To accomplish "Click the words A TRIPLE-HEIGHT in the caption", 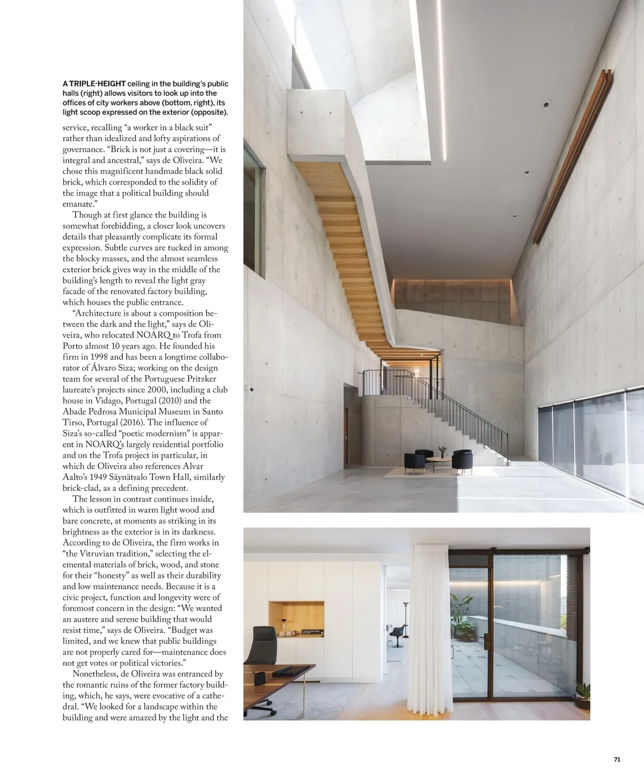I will click(x=94, y=84).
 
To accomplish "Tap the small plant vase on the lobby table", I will click(x=442, y=451).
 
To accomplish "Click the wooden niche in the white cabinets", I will click(x=296, y=620).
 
